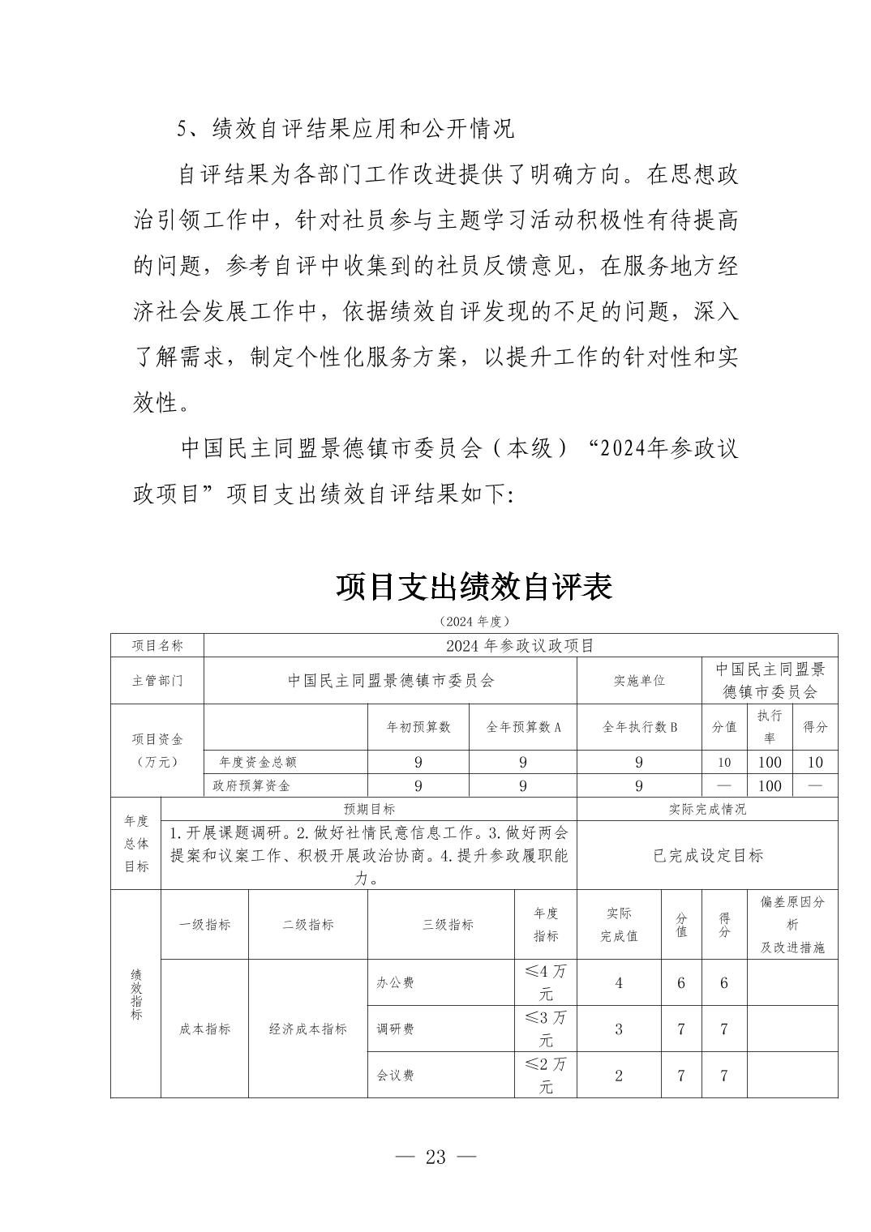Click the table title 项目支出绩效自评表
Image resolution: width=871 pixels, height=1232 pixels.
474,586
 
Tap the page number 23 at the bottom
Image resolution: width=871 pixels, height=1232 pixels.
435,1157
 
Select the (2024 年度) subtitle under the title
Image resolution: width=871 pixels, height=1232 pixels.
474,621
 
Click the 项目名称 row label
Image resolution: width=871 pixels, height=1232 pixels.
157,645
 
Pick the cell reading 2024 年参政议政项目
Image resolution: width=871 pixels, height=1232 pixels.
520,645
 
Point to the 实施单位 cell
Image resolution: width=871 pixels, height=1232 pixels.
639,681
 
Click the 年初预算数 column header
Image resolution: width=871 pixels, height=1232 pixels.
418,727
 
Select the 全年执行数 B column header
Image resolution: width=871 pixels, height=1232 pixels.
639,727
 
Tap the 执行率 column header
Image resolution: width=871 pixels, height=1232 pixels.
769,726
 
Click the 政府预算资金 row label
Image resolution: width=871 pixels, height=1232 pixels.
251,785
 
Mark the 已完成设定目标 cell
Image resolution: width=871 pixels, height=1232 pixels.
707,855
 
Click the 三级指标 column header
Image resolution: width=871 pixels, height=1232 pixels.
448,924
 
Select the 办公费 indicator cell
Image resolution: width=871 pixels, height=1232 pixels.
395,982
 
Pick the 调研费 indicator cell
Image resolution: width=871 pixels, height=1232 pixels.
395,1029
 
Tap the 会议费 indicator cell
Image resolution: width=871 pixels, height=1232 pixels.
395,1075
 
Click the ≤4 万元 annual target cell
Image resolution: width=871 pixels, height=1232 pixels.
546,982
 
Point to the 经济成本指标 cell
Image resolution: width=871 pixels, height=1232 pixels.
308,1029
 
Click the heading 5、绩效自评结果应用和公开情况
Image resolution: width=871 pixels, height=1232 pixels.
345,128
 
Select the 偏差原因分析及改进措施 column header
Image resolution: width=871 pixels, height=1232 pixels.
792,924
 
